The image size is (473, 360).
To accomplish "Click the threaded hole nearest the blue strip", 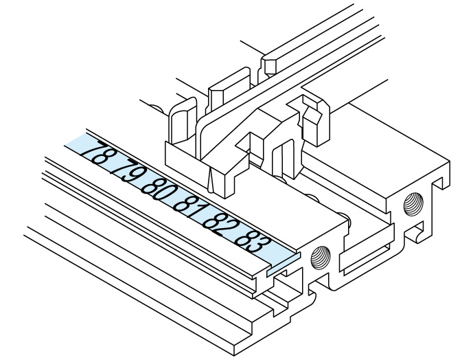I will click(x=321, y=257).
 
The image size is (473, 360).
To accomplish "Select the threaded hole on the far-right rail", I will click(x=413, y=203).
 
